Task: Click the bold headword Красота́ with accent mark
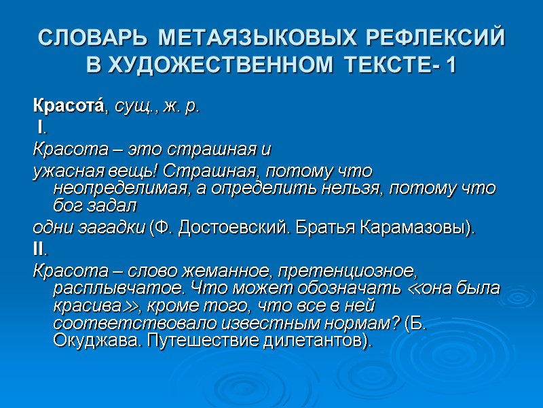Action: click(67, 106)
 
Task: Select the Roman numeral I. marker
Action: click(41, 127)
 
